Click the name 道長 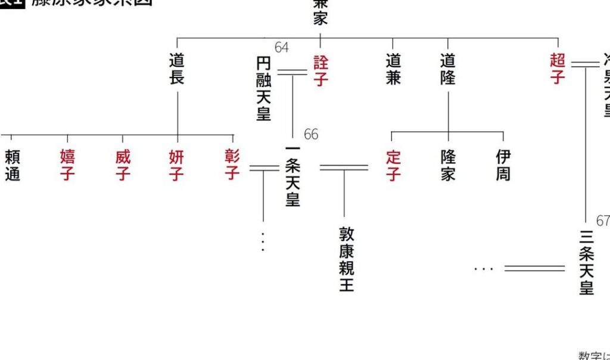click(x=176, y=69)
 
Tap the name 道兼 click(x=393, y=69)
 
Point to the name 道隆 click(x=448, y=69)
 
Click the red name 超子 click(x=558, y=69)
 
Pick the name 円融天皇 click(x=263, y=88)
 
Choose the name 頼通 click(x=12, y=165)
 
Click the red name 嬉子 click(x=67, y=165)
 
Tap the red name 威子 click(x=123, y=165)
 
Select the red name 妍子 click(x=177, y=165)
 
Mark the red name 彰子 click(x=232, y=165)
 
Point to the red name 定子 click(x=393, y=165)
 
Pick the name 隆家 click(x=448, y=165)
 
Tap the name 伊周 click(x=503, y=165)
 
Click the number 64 click(x=282, y=48)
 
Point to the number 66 click(x=311, y=134)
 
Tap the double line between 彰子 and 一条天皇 click(x=263, y=167)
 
